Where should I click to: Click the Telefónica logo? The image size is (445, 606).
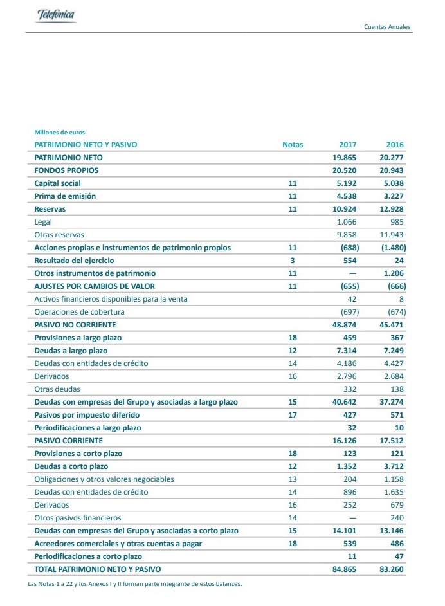(x=56, y=15)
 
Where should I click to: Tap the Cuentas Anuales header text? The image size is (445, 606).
(x=387, y=27)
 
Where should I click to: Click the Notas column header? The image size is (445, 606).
(x=293, y=145)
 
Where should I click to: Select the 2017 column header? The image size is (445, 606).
(x=347, y=145)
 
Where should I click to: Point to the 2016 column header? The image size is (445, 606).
(x=395, y=145)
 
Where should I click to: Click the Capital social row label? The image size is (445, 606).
(x=57, y=183)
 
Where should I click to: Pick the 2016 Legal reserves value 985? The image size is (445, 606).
(x=397, y=222)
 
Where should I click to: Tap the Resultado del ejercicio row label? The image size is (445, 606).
(x=74, y=261)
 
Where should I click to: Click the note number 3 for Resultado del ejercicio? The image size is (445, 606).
(x=293, y=261)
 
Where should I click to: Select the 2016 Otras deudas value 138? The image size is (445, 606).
(x=397, y=389)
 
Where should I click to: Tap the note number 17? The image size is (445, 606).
(x=293, y=415)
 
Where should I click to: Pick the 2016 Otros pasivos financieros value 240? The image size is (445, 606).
(x=397, y=518)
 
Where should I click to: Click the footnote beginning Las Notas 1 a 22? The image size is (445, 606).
(x=135, y=584)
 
